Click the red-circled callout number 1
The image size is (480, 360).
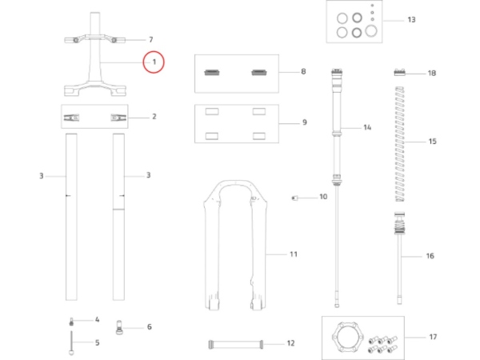pyautogui.click(x=153, y=62)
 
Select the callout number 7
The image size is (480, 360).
pyautogui.click(x=149, y=39)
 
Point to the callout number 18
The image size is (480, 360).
pyautogui.click(x=432, y=73)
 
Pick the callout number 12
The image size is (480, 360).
pyautogui.click(x=290, y=343)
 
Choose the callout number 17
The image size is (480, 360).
pyautogui.click(x=433, y=336)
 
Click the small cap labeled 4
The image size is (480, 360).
pyautogui.click(x=71, y=320)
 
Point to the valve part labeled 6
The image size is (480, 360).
pyautogui.click(x=120, y=326)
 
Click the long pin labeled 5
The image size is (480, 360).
pyautogui.click(x=72, y=343)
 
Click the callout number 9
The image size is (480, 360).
pyautogui.click(x=304, y=123)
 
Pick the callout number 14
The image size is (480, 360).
pyautogui.click(x=367, y=127)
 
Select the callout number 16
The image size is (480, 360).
pyautogui.click(x=430, y=257)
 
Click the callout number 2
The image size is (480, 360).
pyautogui.click(x=154, y=116)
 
